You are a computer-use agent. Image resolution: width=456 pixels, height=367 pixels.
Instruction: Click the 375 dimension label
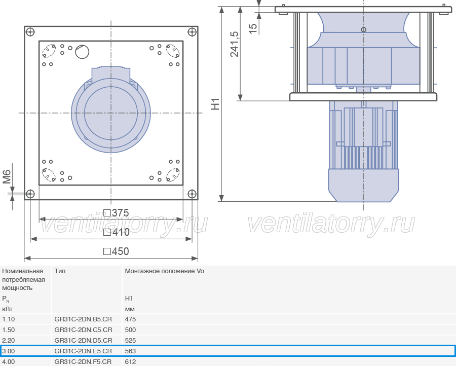pos(117,213)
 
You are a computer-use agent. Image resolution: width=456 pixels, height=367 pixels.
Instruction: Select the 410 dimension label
pos(117,232)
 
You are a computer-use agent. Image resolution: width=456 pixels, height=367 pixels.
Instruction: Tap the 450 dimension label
pos(117,251)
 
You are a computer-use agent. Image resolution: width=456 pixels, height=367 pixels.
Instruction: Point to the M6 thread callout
pos(7,177)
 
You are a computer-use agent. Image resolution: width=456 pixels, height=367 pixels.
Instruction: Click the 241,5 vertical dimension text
pos(235,44)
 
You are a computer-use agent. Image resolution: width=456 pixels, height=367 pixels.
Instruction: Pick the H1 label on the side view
pos(215,104)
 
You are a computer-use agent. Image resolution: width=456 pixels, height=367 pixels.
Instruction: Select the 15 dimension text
pos(253,28)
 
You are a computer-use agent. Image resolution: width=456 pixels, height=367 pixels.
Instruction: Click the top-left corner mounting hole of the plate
pos(30,32)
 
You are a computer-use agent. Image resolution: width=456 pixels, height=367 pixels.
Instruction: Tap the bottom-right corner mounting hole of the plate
pos(192,194)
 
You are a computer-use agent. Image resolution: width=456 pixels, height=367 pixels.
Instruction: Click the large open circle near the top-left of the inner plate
pos(82,52)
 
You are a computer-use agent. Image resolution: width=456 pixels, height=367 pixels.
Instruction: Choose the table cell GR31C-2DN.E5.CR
pos(83,351)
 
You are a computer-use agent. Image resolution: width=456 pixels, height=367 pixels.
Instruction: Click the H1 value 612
pos(130,361)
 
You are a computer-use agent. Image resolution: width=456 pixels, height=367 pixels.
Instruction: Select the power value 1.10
pos(9,319)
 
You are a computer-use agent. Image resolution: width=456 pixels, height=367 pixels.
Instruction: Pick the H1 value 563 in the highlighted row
pos(130,351)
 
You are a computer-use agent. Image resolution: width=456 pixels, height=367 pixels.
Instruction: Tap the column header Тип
pos(60,271)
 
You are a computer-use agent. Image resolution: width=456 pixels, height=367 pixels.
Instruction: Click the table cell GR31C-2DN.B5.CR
pos(83,319)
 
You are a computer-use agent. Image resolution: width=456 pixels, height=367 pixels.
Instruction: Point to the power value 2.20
pos(9,340)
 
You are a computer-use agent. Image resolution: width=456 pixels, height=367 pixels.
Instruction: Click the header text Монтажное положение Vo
pos(164,271)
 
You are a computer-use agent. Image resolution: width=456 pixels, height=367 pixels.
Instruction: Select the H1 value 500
pos(130,330)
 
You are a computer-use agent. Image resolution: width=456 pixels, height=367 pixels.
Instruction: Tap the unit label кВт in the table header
pos(7,309)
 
